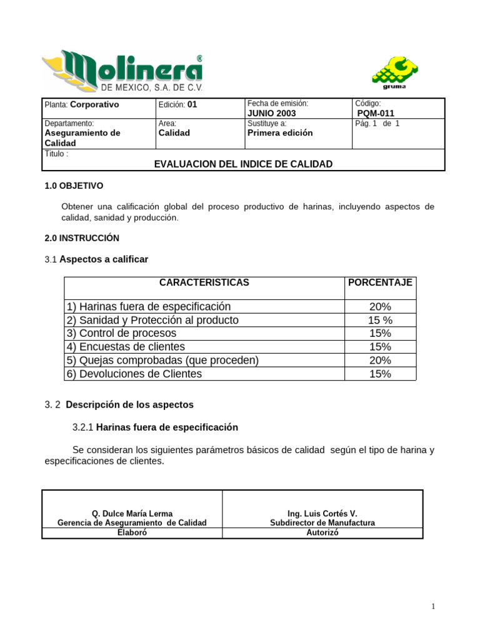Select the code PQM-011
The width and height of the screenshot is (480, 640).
[376, 114]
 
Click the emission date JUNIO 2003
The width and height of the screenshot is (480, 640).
[272, 114]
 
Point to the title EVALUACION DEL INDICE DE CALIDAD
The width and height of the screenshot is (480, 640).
[243, 164]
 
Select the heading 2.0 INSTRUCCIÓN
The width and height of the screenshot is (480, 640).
[82, 238]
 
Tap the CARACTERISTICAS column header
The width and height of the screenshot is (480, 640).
[204, 282]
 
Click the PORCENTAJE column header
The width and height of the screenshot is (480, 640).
[380, 282]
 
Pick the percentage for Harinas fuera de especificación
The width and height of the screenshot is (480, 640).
[380, 307]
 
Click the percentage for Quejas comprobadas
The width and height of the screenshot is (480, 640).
[380, 361]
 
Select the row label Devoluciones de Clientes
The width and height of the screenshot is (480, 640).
[134, 374]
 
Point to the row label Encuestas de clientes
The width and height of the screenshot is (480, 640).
[125, 347]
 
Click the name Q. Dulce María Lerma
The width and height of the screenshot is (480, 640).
[132, 514]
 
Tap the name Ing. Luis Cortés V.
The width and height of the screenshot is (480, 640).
[322, 514]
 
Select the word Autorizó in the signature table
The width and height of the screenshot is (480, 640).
[322, 533]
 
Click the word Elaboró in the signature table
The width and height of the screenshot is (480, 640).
[132, 533]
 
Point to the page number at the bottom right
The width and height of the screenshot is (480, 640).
[432, 607]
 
